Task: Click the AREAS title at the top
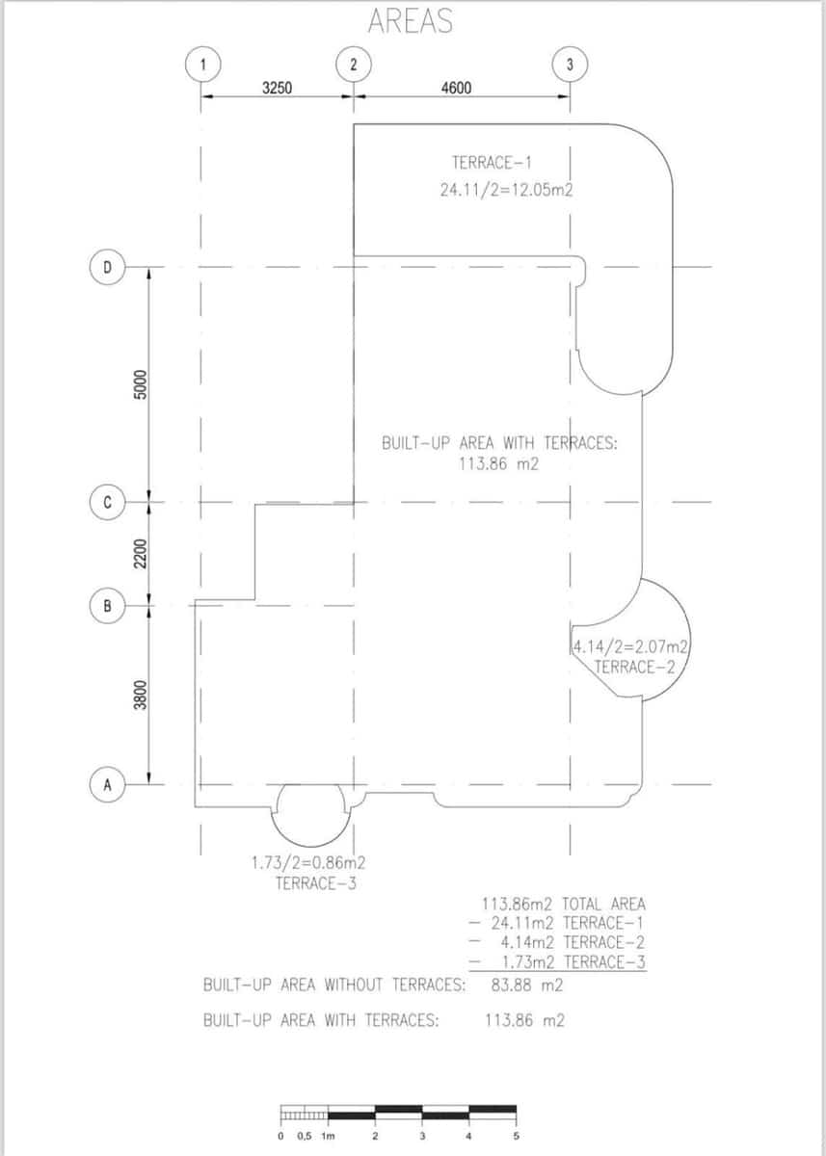point(411,22)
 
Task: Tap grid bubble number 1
point(201,65)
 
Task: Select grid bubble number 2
point(353,65)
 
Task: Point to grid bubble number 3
point(570,65)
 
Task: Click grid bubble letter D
point(108,267)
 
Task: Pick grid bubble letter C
point(108,502)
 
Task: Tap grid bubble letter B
point(108,606)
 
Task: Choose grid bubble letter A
point(108,784)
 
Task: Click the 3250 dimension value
point(278,89)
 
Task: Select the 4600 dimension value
point(456,89)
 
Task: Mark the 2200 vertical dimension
point(140,554)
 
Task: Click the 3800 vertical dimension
point(140,696)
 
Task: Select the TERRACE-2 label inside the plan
point(633,667)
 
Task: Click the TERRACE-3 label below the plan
point(315,882)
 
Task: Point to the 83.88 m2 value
point(527,985)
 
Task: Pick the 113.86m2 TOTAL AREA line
point(563,904)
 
